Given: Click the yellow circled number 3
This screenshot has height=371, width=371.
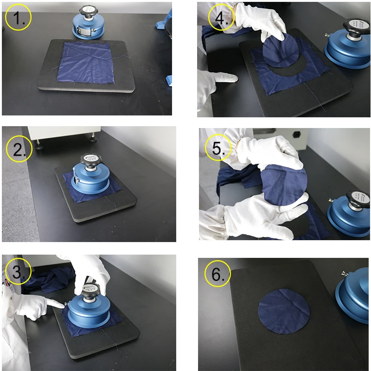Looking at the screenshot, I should [x=18, y=272].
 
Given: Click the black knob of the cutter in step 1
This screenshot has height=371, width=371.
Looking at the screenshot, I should [x=87, y=12].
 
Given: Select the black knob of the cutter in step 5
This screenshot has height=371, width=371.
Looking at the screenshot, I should [x=355, y=195].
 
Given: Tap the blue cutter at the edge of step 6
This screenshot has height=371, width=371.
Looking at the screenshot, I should [x=355, y=297].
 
